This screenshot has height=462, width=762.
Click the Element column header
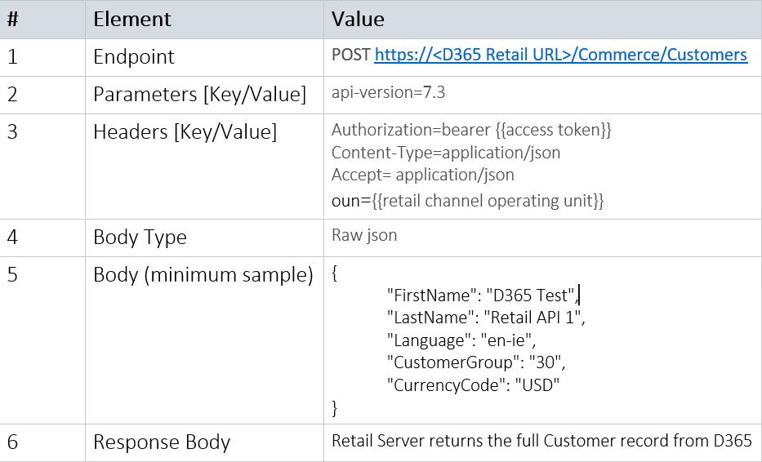[x=131, y=20]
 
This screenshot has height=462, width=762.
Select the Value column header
[x=358, y=20]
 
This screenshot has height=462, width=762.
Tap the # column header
[x=13, y=20]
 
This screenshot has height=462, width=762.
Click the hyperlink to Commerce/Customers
[x=561, y=55]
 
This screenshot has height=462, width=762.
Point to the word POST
[x=351, y=55]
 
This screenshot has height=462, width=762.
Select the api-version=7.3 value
[x=388, y=92]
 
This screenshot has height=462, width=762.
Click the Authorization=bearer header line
[x=471, y=130]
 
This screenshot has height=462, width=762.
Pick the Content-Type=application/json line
[x=446, y=153]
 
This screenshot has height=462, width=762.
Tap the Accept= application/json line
[x=423, y=175]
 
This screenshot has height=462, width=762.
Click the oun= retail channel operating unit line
[x=467, y=201]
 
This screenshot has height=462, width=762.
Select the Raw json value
[x=364, y=235]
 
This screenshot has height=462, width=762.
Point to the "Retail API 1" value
[x=533, y=318]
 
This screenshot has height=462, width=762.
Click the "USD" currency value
[x=537, y=385]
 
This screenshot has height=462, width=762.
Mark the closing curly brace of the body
[x=334, y=407]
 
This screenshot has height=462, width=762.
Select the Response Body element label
[x=162, y=442]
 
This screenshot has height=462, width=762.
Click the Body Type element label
[x=140, y=237]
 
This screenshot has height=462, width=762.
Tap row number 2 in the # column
[x=12, y=94]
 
